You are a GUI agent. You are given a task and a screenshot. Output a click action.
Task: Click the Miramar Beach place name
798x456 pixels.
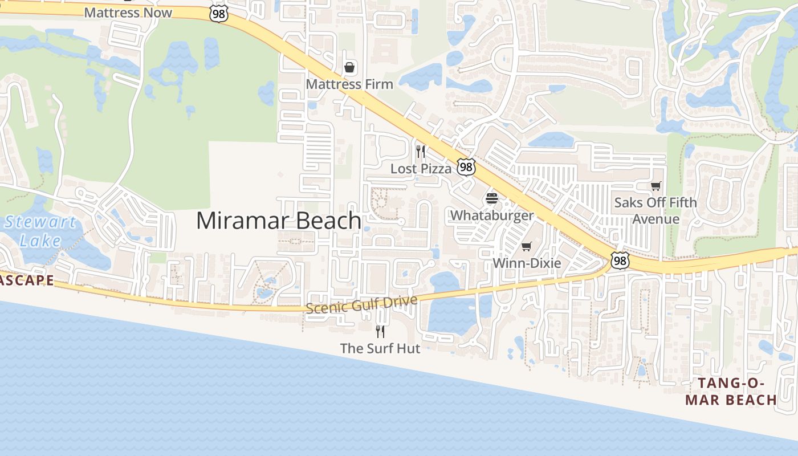(x=279, y=221)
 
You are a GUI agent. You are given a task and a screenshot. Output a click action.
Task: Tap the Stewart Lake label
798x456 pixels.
(x=40, y=231)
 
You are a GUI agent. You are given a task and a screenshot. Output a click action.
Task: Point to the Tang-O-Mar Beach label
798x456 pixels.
(x=731, y=391)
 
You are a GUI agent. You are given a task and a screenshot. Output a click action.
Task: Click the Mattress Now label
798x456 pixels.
(x=128, y=12)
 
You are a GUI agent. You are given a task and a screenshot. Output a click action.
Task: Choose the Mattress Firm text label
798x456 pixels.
(x=349, y=84)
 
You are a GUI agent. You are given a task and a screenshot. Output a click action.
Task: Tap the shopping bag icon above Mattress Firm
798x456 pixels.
(x=349, y=68)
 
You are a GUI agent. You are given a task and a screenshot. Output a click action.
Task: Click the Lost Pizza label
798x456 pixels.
(x=421, y=168)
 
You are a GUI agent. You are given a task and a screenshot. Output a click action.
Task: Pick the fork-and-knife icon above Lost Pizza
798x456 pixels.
(x=421, y=152)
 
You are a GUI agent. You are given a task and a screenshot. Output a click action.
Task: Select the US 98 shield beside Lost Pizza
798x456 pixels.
(x=466, y=167)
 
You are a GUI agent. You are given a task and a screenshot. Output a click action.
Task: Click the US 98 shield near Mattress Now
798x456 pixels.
(x=218, y=14)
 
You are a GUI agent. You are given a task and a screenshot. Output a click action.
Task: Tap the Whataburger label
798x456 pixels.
(x=492, y=215)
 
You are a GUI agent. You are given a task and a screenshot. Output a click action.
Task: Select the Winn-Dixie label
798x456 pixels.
(x=527, y=263)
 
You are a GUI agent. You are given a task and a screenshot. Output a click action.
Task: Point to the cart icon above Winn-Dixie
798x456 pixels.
(x=527, y=247)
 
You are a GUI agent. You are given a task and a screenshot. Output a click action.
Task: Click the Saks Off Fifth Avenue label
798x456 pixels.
(x=655, y=210)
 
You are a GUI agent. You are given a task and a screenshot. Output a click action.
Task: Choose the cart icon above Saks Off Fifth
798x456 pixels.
(x=656, y=186)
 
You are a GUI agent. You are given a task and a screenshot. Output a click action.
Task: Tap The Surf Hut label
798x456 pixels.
(x=380, y=348)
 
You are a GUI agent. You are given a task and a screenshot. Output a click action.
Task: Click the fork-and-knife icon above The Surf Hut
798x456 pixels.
(x=380, y=331)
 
